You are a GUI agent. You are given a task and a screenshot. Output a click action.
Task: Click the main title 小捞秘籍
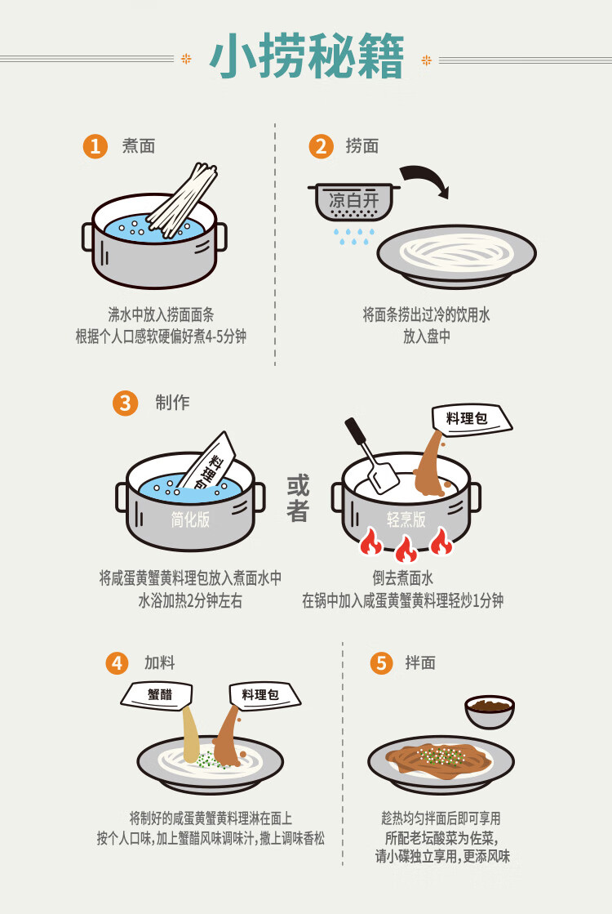[306, 56]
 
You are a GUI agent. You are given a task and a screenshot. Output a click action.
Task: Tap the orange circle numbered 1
[95, 145]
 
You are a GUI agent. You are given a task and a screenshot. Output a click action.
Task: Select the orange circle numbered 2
[321, 145]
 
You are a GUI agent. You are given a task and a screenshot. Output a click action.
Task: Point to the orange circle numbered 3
[125, 403]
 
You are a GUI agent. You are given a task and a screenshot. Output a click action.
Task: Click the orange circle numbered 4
[117, 662]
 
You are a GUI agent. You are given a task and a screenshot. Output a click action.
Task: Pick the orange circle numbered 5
[381, 662]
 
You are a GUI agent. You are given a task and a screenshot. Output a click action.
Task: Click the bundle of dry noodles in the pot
[183, 200]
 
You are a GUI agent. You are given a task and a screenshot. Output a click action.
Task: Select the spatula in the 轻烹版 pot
[371, 456]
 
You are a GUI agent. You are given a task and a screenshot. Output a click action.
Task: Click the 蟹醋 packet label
[157, 695]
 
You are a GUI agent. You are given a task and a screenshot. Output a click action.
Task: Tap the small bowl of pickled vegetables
[490, 711]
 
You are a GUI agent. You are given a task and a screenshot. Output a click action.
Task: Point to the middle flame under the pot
[406, 547]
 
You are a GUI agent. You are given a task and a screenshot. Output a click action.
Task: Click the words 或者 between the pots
[298, 498]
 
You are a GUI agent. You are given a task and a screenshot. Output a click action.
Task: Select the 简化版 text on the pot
[190, 519]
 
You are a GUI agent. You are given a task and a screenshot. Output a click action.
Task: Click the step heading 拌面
[420, 662]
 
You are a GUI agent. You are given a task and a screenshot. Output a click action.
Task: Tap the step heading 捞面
[362, 145]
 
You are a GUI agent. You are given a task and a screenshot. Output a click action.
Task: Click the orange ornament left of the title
[186, 58]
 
